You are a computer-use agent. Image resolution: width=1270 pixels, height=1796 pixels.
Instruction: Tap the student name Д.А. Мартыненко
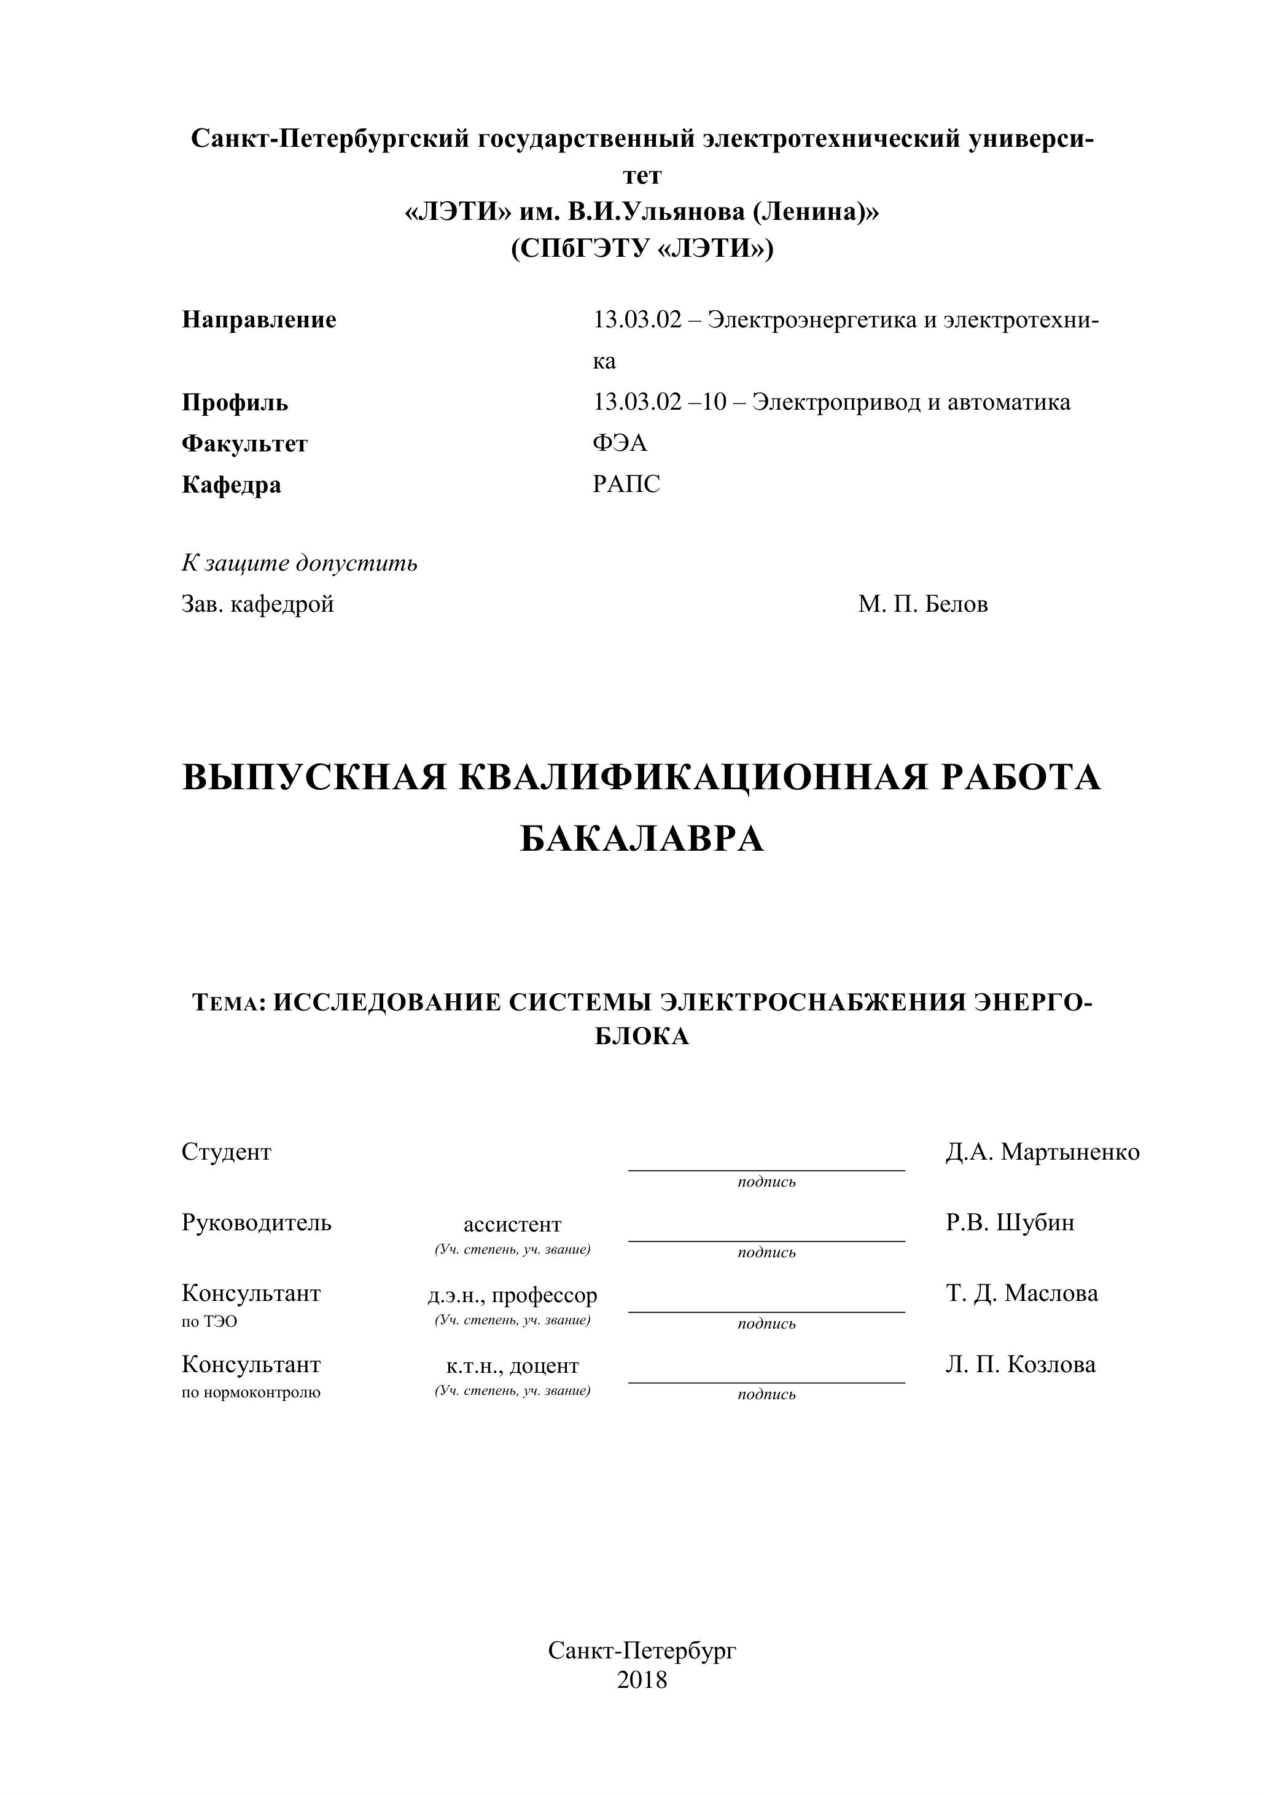[x=1042, y=1152]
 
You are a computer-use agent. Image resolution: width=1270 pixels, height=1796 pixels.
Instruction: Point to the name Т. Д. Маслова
[x=1021, y=1293]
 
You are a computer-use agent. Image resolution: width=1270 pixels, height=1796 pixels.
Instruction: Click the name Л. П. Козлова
[x=1020, y=1364]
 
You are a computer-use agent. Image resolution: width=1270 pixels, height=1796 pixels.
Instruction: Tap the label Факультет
[x=245, y=443]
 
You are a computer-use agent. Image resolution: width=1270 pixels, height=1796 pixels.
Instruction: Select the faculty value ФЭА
[x=620, y=443]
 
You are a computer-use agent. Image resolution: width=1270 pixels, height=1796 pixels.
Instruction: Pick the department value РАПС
[x=626, y=484]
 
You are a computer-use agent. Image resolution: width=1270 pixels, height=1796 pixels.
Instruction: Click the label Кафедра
[x=232, y=485]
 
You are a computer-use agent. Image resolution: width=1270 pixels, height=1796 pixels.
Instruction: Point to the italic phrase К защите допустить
[x=300, y=563]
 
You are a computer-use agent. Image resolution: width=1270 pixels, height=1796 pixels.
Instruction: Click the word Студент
[x=226, y=1152]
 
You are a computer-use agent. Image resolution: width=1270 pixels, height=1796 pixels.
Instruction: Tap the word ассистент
[x=512, y=1224]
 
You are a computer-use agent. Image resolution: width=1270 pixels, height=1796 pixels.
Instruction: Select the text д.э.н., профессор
[x=512, y=1295]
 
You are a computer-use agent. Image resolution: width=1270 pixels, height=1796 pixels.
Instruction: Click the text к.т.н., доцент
[x=512, y=1366]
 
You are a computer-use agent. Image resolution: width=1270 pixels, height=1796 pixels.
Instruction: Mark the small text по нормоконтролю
[x=251, y=1392]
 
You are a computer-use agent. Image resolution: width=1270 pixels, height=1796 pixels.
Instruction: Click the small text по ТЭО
[x=209, y=1321]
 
